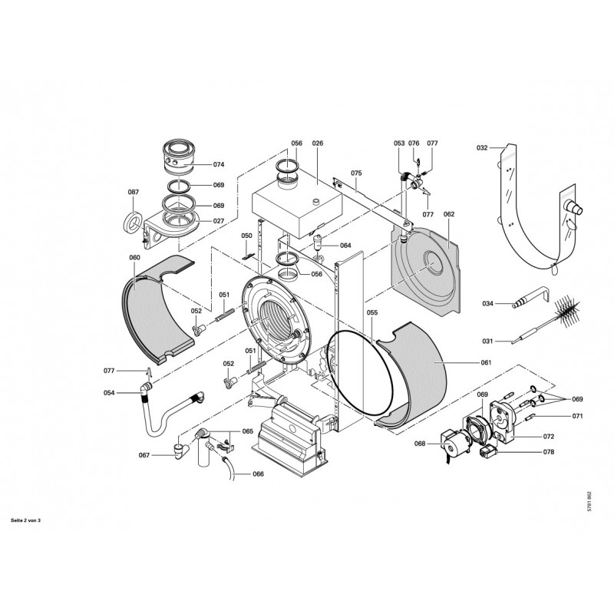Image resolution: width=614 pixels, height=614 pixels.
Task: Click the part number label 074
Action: (x=219, y=164)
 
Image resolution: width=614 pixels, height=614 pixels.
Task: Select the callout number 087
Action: (x=133, y=192)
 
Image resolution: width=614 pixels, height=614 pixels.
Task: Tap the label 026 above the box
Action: (x=318, y=144)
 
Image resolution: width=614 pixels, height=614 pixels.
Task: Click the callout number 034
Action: (x=487, y=303)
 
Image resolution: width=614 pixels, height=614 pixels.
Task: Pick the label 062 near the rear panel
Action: (x=449, y=214)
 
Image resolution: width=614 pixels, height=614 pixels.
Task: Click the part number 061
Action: (x=486, y=362)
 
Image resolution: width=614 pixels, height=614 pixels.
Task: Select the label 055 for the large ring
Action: (x=372, y=312)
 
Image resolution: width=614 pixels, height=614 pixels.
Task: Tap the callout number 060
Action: (x=134, y=257)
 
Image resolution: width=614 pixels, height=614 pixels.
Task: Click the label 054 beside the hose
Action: (x=109, y=393)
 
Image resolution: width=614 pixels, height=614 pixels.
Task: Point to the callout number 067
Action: (x=144, y=455)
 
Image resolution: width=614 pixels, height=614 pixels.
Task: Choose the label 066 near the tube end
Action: (x=258, y=474)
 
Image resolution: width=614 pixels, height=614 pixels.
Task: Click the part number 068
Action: (x=420, y=444)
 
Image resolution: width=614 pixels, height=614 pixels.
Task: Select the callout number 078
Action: (x=549, y=452)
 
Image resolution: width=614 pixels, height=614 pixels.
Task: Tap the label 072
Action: (x=549, y=436)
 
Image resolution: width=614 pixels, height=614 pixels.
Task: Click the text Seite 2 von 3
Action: (x=25, y=520)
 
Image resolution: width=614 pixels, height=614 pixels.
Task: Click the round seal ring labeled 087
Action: (x=133, y=222)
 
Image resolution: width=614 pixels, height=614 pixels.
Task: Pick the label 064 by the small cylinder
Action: (x=345, y=246)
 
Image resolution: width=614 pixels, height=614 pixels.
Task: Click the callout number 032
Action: (x=482, y=147)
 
